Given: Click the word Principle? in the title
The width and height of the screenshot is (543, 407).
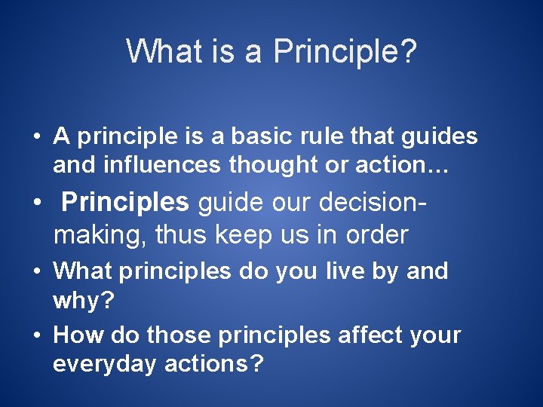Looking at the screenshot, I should pos(345,52).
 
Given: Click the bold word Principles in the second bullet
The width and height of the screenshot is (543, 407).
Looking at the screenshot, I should pos(125,202).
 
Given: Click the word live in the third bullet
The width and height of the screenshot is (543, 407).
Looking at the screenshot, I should pos(354,271).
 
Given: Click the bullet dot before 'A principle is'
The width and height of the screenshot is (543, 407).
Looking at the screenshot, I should pos(36,137).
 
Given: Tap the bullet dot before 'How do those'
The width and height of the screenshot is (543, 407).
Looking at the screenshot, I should pos(36,335).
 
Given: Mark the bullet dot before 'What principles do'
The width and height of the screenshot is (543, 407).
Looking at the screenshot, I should pos(36,271).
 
